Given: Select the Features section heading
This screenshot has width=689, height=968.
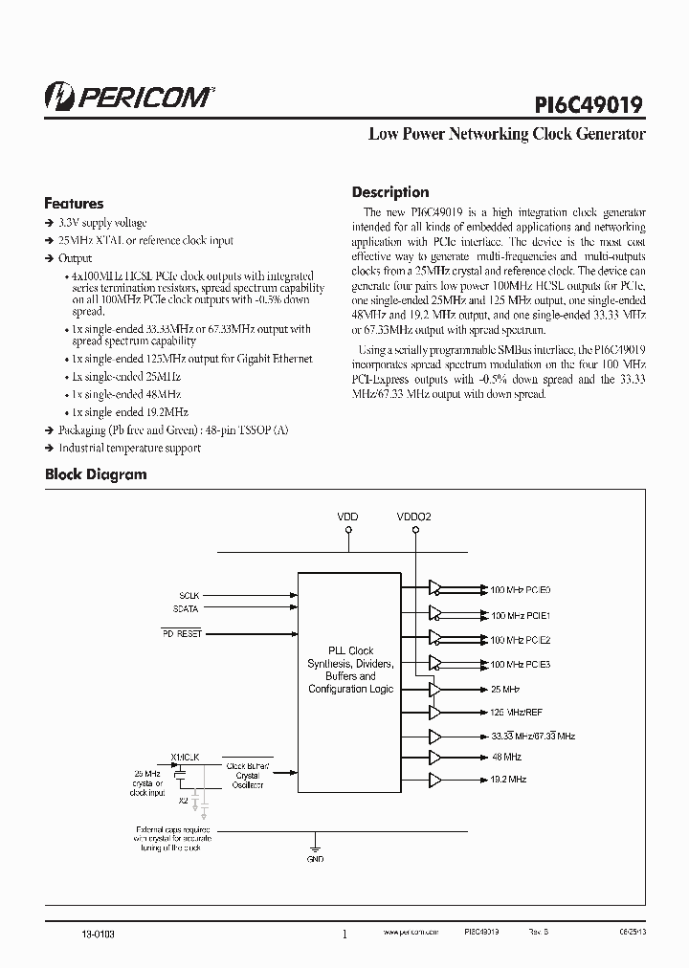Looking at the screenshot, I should [x=74, y=204].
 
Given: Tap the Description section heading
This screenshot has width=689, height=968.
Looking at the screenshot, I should [x=390, y=192].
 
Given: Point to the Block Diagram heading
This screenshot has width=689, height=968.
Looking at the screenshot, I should [x=96, y=474].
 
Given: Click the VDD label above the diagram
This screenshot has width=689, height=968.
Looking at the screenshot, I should [x=347, y=517].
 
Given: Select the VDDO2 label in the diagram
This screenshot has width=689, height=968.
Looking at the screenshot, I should [x=414, y=517].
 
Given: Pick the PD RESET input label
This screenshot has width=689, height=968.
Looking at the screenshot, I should [x=181, y=634].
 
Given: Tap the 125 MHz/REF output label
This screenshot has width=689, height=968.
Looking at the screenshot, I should [x=518, y=712].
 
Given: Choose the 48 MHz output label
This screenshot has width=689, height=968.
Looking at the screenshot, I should [x=506, y=756].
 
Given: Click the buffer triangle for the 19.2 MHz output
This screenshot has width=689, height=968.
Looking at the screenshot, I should [x=436, y=780].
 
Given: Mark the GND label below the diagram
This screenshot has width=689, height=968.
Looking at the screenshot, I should [x=316, y=859].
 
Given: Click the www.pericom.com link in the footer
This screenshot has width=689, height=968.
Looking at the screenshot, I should [x=411, y=931].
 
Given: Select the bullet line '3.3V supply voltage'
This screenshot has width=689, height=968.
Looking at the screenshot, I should [x=102, y=223].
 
